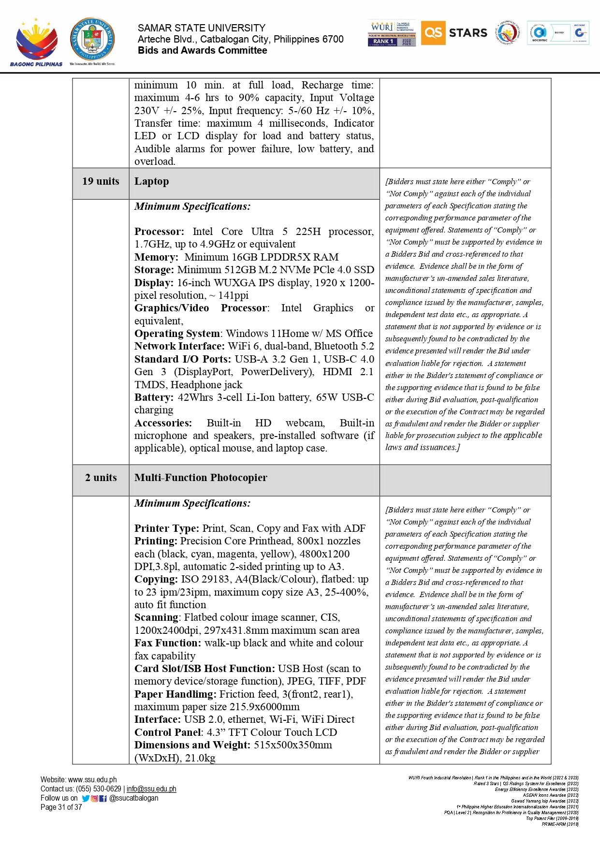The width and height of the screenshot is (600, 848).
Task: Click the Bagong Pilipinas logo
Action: tap(36, 42)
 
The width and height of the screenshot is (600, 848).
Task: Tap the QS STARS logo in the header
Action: tap(454, 33)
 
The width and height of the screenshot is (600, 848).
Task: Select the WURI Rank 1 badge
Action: tap(392, 33)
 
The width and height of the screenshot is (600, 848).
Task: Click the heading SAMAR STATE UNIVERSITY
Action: tap(201, 28)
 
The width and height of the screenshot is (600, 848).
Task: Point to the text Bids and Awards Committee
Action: tap(202, 51)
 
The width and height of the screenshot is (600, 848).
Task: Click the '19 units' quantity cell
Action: tap(101, 182)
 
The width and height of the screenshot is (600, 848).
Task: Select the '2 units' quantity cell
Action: tap(101, 478)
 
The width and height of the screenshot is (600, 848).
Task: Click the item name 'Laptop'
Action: tap(152, 182)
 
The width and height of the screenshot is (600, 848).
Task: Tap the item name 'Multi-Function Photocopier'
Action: tap(201, 478)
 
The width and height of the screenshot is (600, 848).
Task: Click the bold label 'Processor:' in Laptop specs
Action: tap(159, 232)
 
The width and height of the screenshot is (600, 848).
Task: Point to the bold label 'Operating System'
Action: tap(177, 334)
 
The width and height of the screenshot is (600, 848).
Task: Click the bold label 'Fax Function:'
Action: tap(167, 643)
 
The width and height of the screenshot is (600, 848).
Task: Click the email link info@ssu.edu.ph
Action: tap(151, 789)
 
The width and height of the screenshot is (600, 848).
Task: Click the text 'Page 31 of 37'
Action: tap(61, 807)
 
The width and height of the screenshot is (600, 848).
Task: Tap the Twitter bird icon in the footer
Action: tap(86, 799)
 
